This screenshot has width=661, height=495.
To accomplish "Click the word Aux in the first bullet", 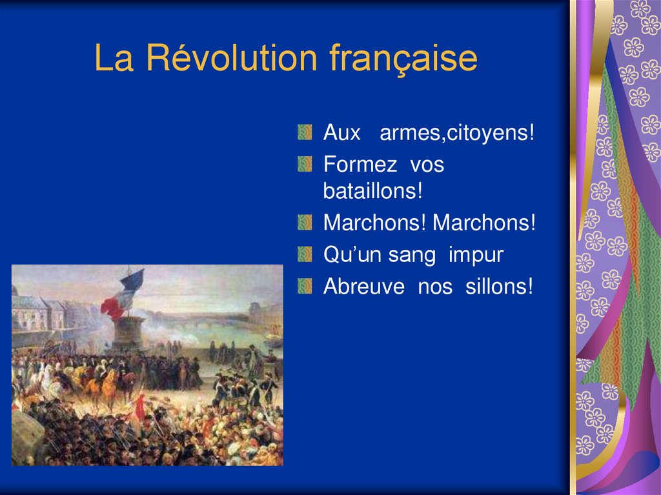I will pyautogui.click(x=341, y=134).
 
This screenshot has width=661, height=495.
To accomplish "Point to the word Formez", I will pyautogui.click(x=360, y=165).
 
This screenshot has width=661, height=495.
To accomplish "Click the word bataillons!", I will pyautogui.click(x=372, y=192).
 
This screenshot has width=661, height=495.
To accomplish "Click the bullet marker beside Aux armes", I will pyautogui.click(x=305, y=134).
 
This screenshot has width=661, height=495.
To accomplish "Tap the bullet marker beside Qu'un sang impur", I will pyautogui.click(x=305, y=254).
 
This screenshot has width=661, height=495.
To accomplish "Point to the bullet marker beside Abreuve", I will pyautogui.click(x=305, y=286).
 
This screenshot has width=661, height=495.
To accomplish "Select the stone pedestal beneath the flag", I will pyautogui.click(x=129, y=333).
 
